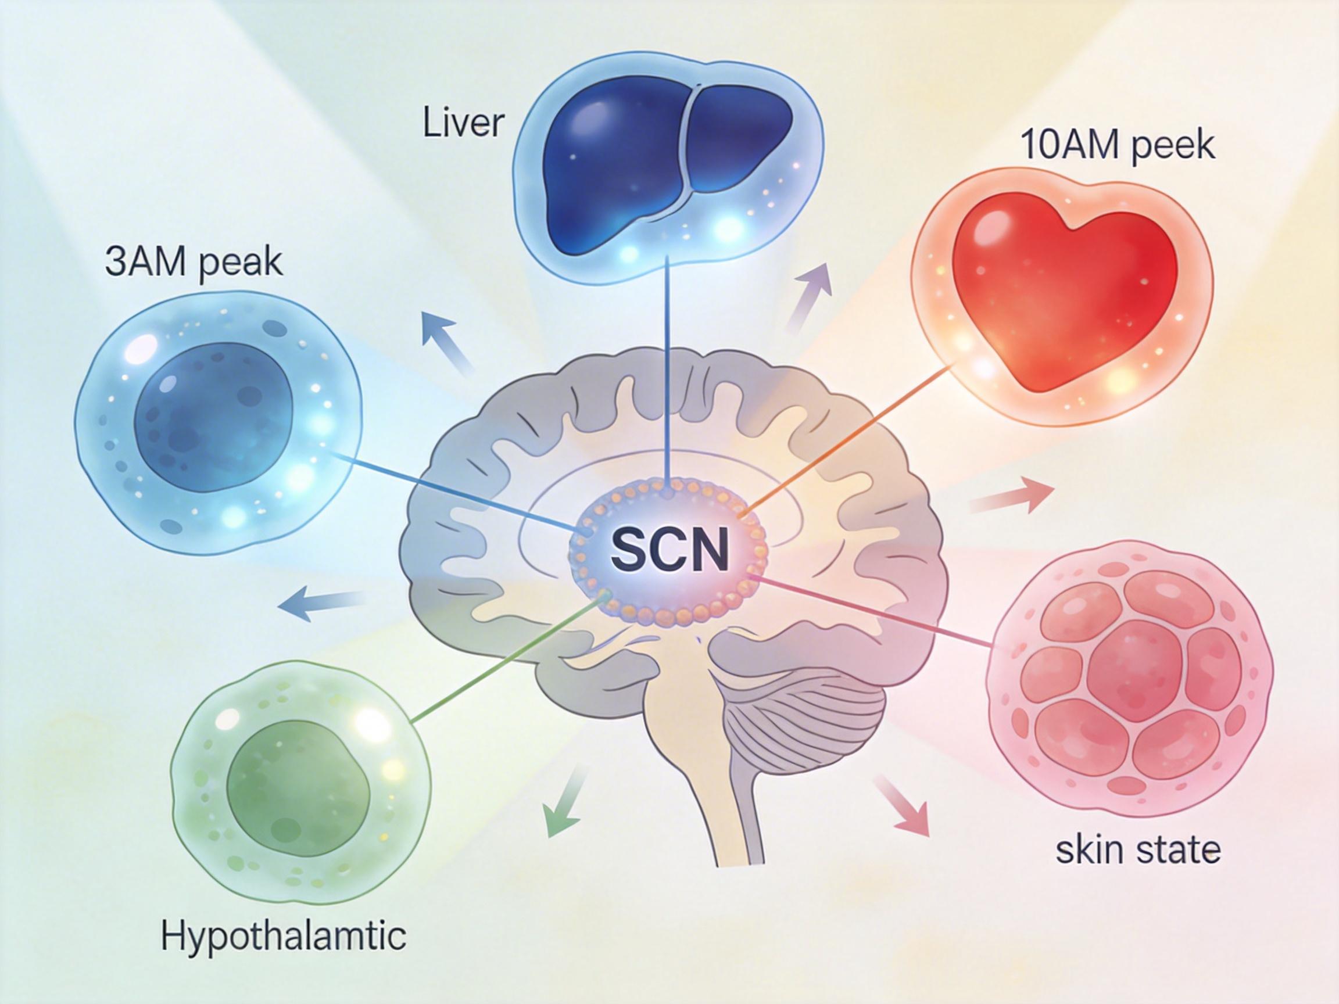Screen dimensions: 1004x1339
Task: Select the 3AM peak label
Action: [x=194, y=263]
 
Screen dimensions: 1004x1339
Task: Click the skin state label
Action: [x=1138, y=850]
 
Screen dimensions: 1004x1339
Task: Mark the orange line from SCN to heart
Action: [x=847, y=436]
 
